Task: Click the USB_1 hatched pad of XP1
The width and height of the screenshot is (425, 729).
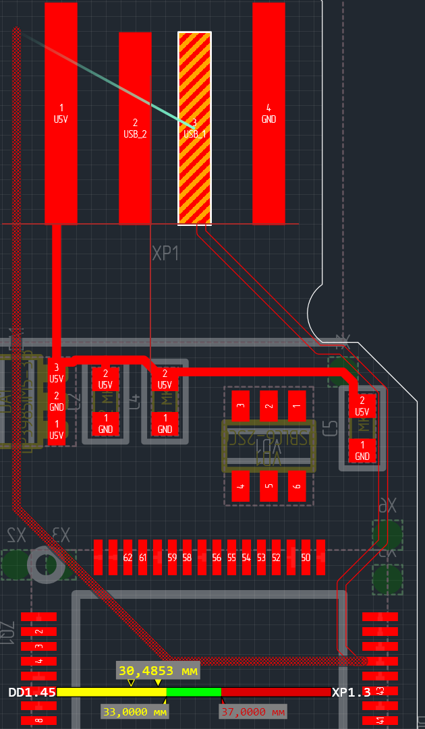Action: click(194, 128)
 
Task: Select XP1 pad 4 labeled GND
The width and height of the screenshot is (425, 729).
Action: click(268, 113)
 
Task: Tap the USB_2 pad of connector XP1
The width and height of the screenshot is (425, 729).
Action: click(135, 128)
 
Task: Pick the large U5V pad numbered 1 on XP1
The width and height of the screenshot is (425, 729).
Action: click(61, 113)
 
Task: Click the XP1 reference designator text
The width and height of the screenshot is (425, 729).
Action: click(165, 254)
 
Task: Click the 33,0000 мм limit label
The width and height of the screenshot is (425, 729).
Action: click(135, 711)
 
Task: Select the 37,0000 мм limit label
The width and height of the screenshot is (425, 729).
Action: click(254, 711)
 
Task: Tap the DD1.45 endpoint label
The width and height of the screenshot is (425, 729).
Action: click(32, 693)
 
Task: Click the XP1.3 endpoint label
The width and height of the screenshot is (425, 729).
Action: click(351, 693)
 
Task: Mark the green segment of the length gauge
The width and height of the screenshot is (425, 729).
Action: click(194, 692)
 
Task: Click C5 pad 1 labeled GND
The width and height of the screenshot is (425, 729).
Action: click(362, 450)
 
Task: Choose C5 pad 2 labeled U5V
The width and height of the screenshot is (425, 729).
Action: click(362, 407)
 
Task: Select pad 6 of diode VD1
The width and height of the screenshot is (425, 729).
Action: click(296, 486)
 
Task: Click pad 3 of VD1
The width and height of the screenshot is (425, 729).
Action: click(241, 407)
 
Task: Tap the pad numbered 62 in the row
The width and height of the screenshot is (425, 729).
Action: click(128, 557)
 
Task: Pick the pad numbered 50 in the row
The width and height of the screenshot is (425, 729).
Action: click(306, 557)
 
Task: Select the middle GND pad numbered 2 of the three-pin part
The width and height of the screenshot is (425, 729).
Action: click(57, 402)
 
